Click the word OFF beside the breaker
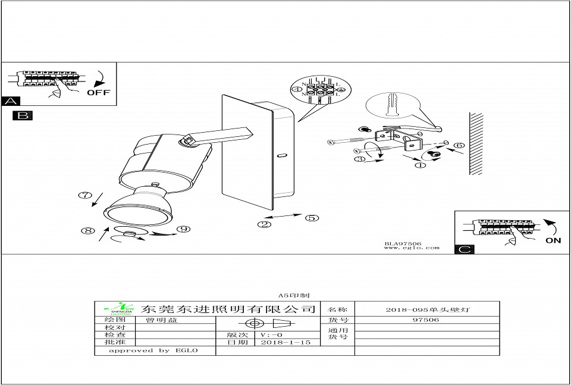click(99, 93)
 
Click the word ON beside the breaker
click(553, 241)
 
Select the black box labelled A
click(10, 101)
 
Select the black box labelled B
click(23, 115)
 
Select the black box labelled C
click(464, 249)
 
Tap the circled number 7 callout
click(85, 195)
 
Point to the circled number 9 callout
click(183, 229)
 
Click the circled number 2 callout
click(264, 224)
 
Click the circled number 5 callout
click(313, 218)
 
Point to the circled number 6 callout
click(459, 145)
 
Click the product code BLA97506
click(403, 243)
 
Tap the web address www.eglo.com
click(412, 248)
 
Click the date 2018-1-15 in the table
click(285, 343)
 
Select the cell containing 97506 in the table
click(426, 320)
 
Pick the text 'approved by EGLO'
click(153, 350)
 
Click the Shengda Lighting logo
click(117, 308)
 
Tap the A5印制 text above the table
click(291, 295)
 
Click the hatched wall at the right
click(475, 143)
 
